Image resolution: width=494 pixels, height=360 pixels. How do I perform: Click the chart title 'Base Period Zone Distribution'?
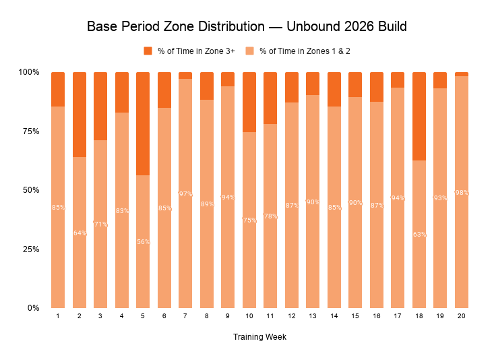click(247, 28)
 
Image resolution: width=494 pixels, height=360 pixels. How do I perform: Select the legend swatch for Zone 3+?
click(148, 51)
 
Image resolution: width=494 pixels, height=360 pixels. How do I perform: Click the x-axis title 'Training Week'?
click(259, 337)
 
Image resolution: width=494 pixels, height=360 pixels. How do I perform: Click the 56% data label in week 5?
click(143, 241)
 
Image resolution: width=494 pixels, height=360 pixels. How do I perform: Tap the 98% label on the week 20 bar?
click(462, 193)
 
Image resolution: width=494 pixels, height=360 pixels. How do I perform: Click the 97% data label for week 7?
click(185, 193)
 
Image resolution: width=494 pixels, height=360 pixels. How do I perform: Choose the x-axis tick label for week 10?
click(249, 316)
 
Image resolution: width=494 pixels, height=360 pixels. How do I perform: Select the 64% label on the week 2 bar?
click(80, 233)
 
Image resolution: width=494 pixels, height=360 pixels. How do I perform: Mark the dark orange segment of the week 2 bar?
click(80, 115)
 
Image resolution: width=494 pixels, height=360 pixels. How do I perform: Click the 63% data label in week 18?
click(419, 235)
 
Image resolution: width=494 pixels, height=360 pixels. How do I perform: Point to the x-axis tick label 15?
click(355, 316)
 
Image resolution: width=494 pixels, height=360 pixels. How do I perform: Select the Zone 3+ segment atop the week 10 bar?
click(249, 102)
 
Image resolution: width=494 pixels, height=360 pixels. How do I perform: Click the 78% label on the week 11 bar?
click(270, 216)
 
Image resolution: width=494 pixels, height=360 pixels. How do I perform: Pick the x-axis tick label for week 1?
click(58, 316)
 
